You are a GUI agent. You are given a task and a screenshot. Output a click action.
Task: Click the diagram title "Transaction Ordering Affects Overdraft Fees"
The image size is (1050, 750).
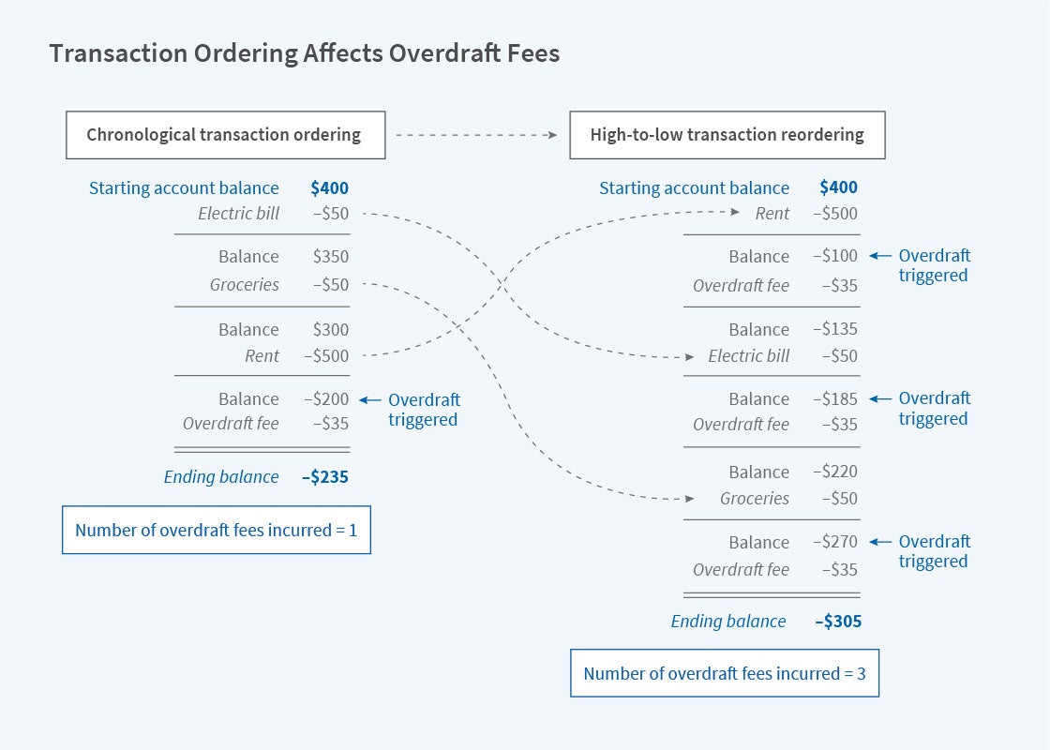304,53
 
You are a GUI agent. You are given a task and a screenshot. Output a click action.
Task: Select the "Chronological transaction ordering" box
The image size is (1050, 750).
224,135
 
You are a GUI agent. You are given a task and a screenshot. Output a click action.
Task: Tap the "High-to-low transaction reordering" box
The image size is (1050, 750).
727,135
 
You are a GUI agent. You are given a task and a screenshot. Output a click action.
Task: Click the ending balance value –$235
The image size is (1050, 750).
324,477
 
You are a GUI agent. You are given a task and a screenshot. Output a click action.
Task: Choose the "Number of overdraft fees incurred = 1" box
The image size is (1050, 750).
217,531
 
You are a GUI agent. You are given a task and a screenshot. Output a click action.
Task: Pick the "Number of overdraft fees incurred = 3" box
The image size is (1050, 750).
725,673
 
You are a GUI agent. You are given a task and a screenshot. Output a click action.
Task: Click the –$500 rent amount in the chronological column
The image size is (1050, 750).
325,356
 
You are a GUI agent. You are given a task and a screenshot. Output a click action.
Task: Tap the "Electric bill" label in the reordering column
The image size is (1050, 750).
749,356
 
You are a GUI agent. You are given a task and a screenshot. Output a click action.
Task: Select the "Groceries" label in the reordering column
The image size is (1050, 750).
755,499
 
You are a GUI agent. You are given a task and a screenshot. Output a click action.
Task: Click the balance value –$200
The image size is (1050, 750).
325,399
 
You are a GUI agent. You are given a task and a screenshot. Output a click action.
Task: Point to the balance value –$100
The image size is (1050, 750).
834,257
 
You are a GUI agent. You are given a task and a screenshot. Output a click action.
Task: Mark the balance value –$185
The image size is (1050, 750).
834,399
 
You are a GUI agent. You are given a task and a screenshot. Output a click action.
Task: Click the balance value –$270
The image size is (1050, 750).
834,542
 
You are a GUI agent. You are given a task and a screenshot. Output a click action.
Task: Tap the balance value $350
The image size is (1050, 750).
330,257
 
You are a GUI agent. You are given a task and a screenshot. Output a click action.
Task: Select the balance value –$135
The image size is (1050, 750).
834,330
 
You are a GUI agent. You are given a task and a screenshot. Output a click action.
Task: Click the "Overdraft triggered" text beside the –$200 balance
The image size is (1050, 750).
424,410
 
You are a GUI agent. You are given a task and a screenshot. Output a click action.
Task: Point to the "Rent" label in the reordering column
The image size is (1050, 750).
772,214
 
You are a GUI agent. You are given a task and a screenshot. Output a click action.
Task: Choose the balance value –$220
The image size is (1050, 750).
834,472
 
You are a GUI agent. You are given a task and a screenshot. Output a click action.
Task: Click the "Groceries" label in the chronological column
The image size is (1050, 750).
245,285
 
